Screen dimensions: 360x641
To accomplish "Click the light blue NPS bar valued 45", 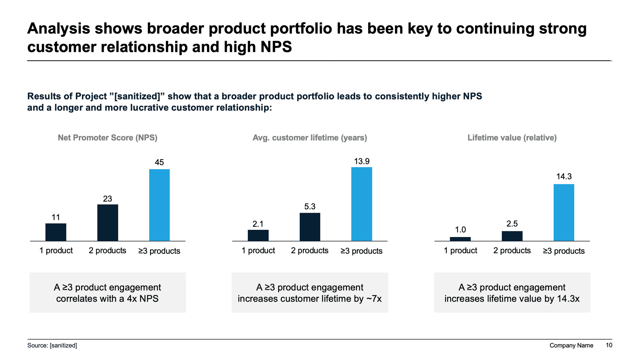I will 159,205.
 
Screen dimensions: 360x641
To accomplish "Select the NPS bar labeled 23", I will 108,222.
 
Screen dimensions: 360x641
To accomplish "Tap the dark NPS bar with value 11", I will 56,232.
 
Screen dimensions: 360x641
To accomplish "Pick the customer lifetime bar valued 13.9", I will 362,204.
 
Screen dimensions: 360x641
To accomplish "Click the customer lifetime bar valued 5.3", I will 310,227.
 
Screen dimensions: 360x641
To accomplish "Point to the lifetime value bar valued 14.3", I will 564,212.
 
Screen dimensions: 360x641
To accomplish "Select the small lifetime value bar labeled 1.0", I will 460,239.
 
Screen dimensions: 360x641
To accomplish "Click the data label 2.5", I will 512,224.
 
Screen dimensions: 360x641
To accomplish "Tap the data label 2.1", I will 258,224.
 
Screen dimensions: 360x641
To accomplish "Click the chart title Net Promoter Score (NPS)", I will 108,138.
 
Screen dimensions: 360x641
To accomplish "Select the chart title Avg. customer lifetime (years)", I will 309,138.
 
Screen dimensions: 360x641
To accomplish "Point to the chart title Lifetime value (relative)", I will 512,138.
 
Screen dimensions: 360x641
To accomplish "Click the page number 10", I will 609,345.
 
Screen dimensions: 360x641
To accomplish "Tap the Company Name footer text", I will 571,345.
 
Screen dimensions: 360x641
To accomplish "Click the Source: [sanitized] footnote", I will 52,345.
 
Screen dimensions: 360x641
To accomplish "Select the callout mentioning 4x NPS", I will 108,293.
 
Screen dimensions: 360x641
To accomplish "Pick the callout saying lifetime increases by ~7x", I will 309,293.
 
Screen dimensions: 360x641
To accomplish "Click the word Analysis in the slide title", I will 58,29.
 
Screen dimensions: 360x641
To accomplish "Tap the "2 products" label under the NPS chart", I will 108,250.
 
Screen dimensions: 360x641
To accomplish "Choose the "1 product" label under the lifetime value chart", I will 460,250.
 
